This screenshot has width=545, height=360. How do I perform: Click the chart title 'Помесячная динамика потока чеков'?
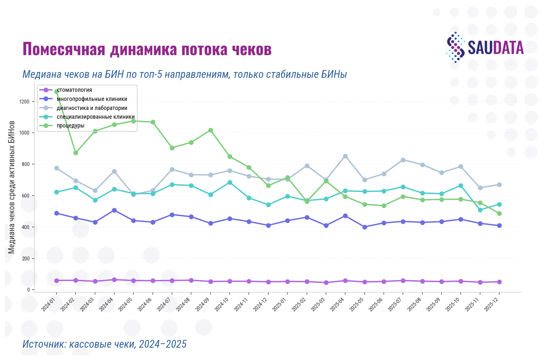pyautogui.click(x=147, y=49)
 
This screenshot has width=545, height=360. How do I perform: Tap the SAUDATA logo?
pyautogui.click(x=485, y=47)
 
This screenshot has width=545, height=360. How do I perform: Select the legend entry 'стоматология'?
pyautogui.click(x=74, y=90)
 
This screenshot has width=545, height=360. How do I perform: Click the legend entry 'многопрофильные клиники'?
pyautogui.click(x=92, y=99)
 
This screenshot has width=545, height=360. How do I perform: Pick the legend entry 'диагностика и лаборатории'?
pyautogui.click(x=92, y=108)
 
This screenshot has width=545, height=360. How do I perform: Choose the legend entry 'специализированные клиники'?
pyautogui.click(x=96, y=117)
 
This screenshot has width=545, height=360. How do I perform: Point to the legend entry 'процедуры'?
pyautogui.click(x=71, y=126)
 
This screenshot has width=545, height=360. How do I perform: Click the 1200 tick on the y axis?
pyautogui.click(x=24, y=102)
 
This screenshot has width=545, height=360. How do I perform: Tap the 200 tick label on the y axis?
pyautogui.click(x=26, y=258)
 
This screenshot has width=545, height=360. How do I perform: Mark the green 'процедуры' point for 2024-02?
pyautogui.click(x=76, y=153)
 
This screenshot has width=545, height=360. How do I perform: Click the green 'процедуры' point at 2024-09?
pyautogui.click(x=211, y=130)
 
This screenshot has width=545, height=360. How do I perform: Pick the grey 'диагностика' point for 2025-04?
pyautogui.click(x=345, y=156)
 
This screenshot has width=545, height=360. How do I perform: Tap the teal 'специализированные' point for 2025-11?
pyautogui.click(x=480, y=210)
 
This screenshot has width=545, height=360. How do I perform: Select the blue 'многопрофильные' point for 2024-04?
pyautogui.click(x=114, y=210)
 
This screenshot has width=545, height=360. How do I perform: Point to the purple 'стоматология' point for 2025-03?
pyautogui.click(x=326, y=283)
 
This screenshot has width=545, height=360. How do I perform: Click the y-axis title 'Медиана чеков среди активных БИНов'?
pyautogui.click(x=11, y=187)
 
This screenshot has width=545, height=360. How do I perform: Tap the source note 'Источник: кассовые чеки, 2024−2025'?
pyautogui.click(x=104, y=344)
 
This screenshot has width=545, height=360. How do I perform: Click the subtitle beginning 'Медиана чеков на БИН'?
pyautogui.click(x=184, y=75)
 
